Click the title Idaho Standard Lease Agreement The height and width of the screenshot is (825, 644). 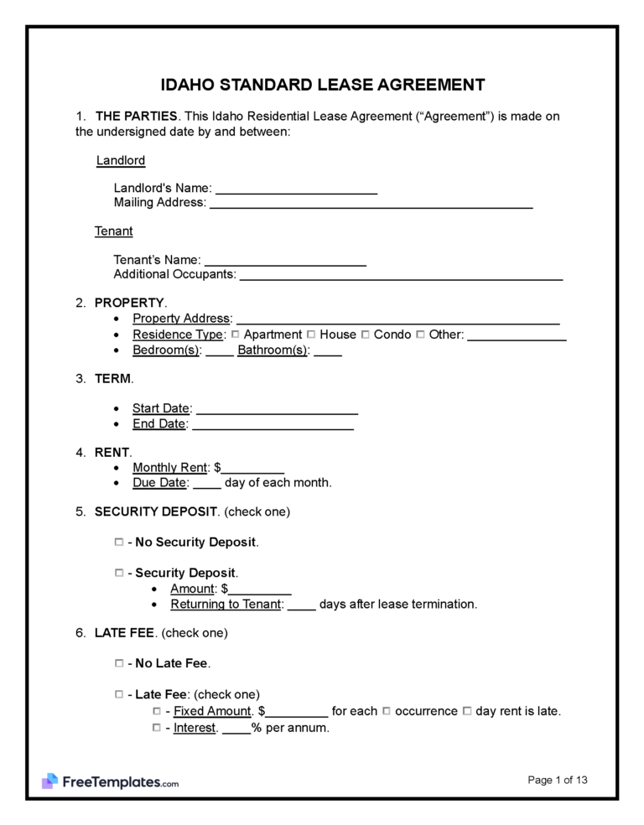click(x=322, y=85)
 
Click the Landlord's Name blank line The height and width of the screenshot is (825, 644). click(x=296, y=189)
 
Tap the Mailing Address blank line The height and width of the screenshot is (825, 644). click(x=371, y=203)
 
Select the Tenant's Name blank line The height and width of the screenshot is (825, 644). click(x=285, y=261)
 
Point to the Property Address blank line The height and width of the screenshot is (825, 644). click(x=398, y=319)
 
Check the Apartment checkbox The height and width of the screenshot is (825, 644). click(x=236, y=335)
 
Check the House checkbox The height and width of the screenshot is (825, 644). click(x=312, y=335)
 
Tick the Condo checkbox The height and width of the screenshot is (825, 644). click(x=366, y=335)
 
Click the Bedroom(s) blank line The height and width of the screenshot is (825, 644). click(x=219, y=350)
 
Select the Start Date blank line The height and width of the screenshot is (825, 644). click(x=277, y=409)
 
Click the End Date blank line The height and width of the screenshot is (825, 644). click(x=273, y=424)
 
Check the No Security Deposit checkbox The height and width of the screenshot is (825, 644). click(x=118, y=542)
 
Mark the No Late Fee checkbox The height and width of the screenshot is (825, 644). click(x=118, y=663)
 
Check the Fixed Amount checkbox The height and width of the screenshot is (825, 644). click(x=157, y=711)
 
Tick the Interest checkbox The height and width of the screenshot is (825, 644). click(x=157, y=728)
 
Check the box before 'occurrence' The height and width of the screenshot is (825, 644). click(x=387, y=711)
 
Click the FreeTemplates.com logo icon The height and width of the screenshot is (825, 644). click(x=50, y=781)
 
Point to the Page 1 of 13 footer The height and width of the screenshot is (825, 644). click(x=558, y=780)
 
